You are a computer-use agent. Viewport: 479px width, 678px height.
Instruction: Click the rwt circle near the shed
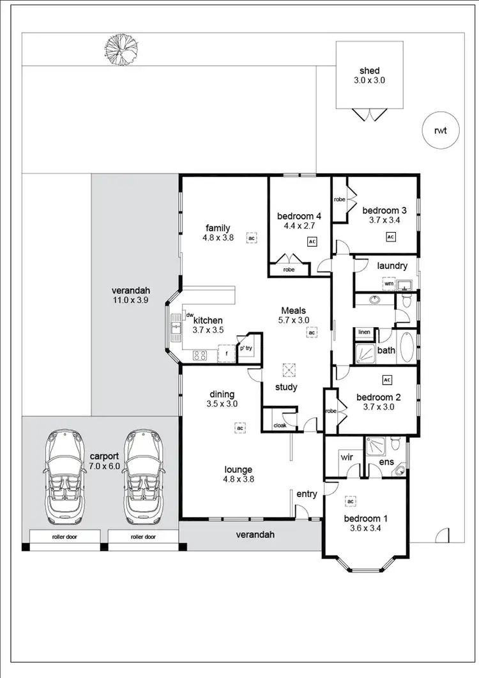pos(439,131)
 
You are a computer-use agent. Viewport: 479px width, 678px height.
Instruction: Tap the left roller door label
pos(63,537)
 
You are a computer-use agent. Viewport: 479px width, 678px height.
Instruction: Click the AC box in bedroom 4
pos(312,242)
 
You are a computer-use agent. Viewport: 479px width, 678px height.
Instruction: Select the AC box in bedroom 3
pos(390,236)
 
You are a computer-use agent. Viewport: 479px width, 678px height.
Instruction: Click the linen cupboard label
pos(364,332)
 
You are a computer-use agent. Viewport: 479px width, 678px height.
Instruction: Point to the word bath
pos(386,350)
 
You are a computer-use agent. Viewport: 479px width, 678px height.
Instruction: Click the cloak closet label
pos(280,425)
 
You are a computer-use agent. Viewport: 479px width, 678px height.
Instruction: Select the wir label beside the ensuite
pos(347,457)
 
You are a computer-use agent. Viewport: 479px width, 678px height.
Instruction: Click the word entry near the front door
pos(307,493)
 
